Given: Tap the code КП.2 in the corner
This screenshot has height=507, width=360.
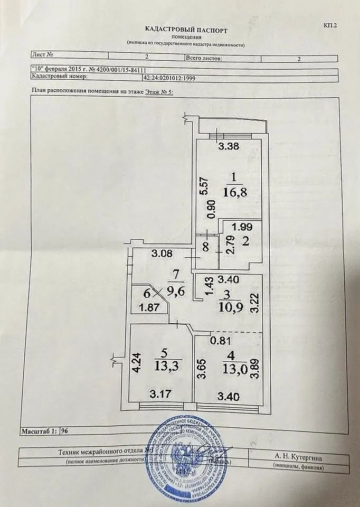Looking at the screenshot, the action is [329, 25].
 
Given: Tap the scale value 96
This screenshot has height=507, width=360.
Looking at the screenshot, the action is [65, 431].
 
